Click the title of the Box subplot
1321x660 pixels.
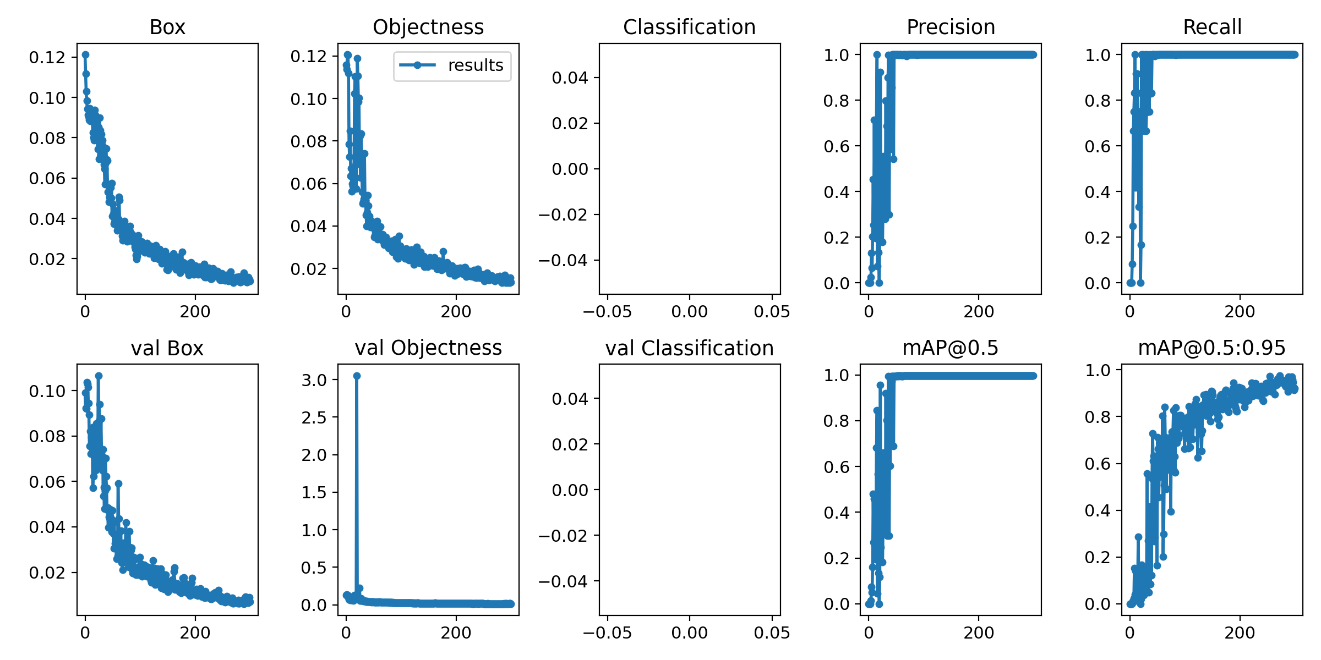167,27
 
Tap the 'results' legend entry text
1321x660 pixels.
476,65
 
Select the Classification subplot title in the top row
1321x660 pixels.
689,27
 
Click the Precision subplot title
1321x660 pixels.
951,27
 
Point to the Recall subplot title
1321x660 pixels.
1212,27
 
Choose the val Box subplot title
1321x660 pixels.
167,348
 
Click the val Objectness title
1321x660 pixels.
428,348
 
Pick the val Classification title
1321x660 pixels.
689,348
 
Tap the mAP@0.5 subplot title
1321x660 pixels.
951,348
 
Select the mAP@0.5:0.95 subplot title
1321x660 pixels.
1212,348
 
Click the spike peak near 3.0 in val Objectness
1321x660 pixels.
357,376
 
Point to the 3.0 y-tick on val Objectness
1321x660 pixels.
314,380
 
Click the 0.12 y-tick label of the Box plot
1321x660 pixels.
47,57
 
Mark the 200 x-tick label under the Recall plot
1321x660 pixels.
1240,312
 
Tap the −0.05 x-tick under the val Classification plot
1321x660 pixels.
607,633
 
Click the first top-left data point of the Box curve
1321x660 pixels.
85,54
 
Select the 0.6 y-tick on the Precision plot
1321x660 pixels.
836,146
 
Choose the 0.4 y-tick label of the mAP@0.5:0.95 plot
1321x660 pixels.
1098,510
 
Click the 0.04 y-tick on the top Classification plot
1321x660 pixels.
570,78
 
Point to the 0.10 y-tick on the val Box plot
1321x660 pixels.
47,391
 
